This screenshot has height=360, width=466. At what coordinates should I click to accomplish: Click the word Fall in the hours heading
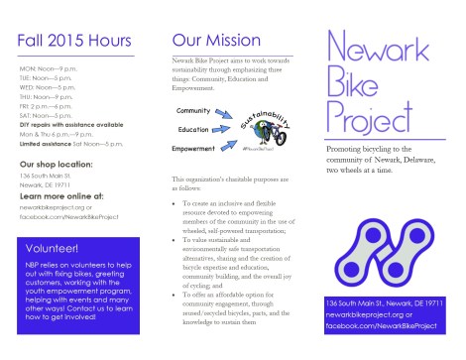click(x=34, y=44)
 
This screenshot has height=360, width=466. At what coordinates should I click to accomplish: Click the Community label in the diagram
click(x=194, y=109)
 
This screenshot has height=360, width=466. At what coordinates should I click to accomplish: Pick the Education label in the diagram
click(x=193, y=130)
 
